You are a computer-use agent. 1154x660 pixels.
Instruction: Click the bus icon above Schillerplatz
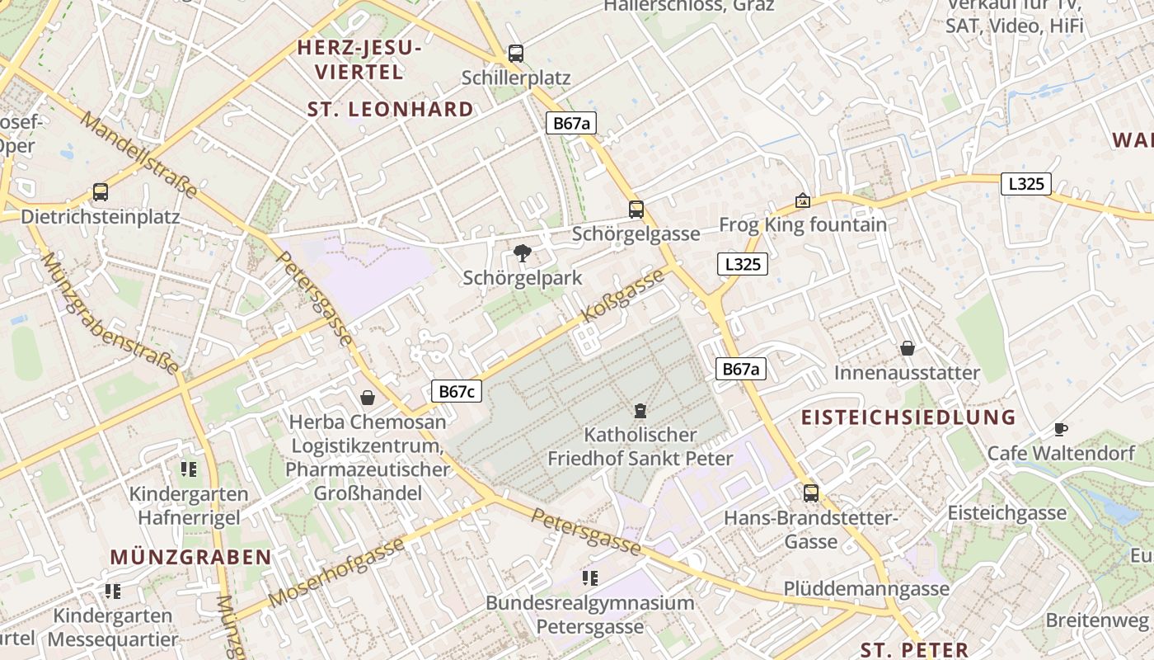pyautogui.click(x=516, y=54)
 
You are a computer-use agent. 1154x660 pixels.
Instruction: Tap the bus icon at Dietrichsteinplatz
pyautogui.click(x=101, y=192)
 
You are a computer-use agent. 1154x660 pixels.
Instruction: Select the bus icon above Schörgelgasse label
pyautogui.click(x=636, y=209)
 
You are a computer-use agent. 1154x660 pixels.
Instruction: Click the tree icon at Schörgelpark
pyautogui.click(x=522, y=253)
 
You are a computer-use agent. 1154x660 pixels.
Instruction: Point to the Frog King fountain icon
pyautogui.click(x=802, y=200)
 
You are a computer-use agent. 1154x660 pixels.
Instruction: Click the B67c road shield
pyautogui.click(x=456, y=392)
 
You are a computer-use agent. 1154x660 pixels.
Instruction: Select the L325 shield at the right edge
pyautogui.click(x=1026, y=184)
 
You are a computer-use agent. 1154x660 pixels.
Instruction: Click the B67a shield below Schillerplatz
pyautogui.click(x=571, y=124)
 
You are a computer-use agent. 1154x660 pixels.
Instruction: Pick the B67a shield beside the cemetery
pyautogui.click(x=740, y=369)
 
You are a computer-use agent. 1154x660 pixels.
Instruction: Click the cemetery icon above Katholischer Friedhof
pyautogui.click(x=640, y=410)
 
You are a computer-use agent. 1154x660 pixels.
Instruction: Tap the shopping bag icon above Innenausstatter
pyautogui.click(x=908, y=348)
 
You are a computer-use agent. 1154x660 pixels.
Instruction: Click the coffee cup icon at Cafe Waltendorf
pyautogui.click(x=1061, y=429)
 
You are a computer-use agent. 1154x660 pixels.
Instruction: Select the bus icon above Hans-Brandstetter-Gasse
pyautogui.click(x=811, y=493)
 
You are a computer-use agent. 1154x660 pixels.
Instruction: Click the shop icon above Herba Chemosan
pyautogui.click(x=368, y=398)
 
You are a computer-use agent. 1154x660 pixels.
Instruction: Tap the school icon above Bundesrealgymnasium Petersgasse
pyautogui.click(x=589, y=577)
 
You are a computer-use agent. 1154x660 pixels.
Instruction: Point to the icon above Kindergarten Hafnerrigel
pyautogui.click(x=189, y=469)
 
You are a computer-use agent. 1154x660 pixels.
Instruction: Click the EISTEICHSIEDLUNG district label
pyautogui.click(x=908, y=417)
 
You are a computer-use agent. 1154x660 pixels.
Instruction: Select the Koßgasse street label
pyautogui.click(x=623, y=295)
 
